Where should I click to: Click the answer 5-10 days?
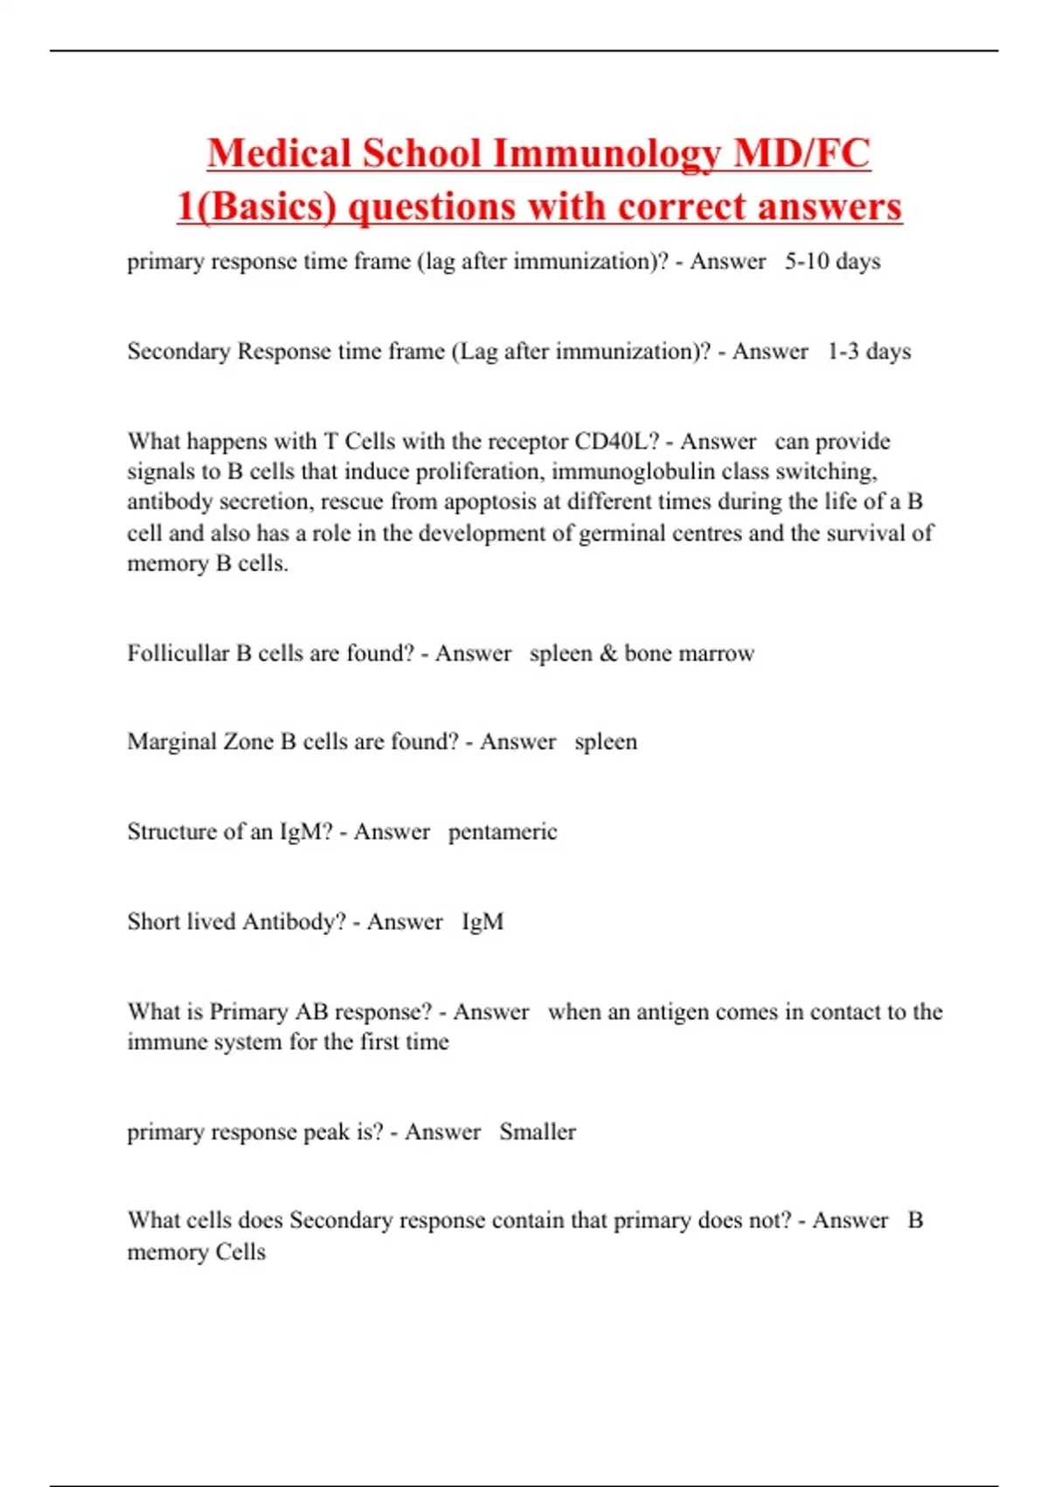[832, 262]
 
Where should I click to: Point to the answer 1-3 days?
[869, 352]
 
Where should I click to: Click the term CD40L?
[616, 441]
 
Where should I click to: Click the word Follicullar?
[177, 653]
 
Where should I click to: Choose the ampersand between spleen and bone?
[608, 653]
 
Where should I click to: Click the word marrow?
[716, 653]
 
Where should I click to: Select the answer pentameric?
[503, 832]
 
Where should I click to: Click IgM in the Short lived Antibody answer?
[483, 922]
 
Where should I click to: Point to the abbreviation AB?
[311, 1012]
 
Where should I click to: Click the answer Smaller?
[538, 1132]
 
